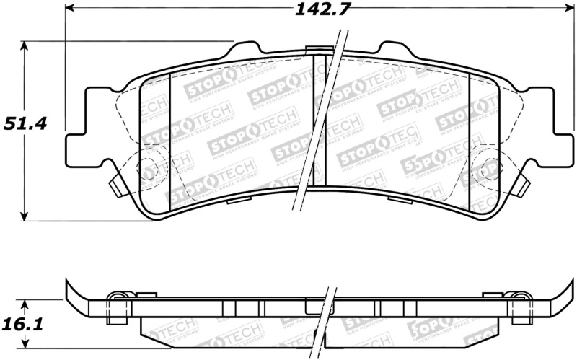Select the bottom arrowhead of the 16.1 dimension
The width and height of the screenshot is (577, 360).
[25, 347]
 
